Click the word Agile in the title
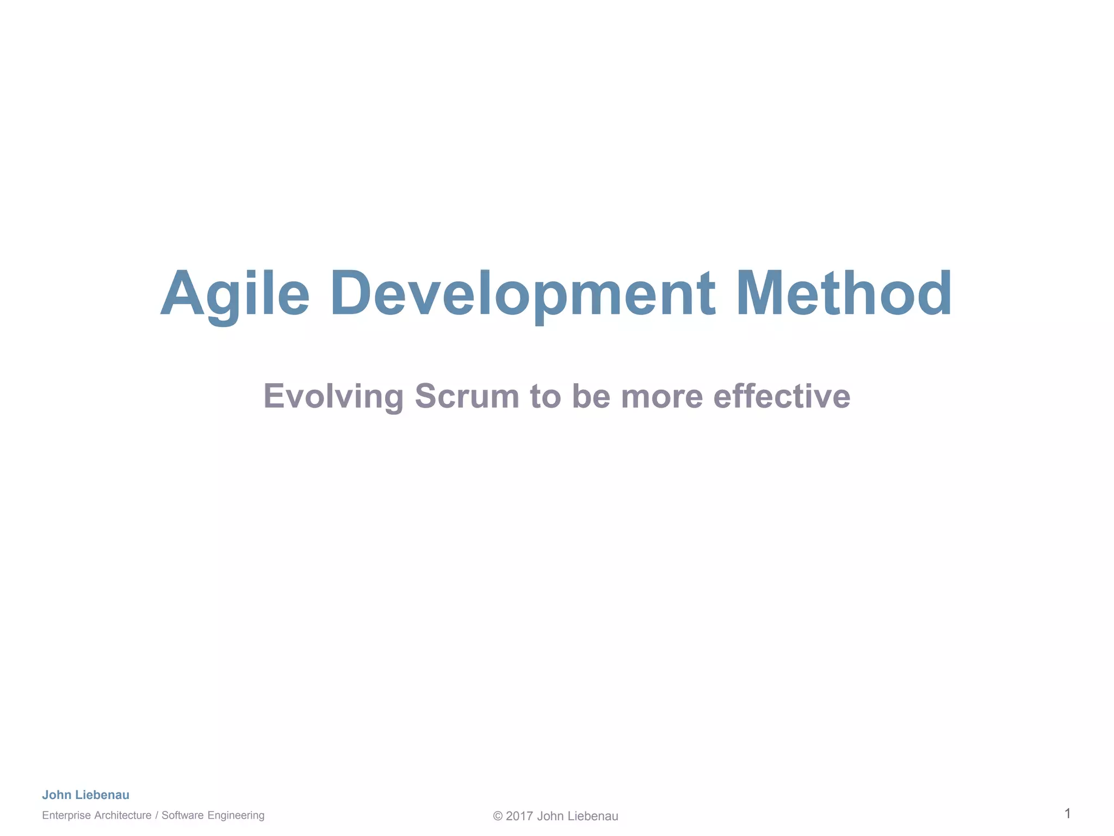(x=235, y=294)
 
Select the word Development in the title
(x=523, y=294)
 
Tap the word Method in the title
(x=844, y=294)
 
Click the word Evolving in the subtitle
(x=333, y=396)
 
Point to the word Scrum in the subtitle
(x=467, y=396)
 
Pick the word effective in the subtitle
(x=782, y=396)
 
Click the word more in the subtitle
(x=661, y=396)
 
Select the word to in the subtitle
(x=546, y=396)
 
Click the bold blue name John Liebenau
(x=86, y=795)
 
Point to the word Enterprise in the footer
(x=66, y=815)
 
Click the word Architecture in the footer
(x=123, y=815)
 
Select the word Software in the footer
(x=182, y=815)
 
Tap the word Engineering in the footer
(x=236, y=815)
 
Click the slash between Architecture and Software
(x=157, y=815)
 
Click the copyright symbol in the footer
(x=498, y=816)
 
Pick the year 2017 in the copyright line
(x=519, y=816)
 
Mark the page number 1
(x=1068, y=814)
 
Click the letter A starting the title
(x=182, y=294)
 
